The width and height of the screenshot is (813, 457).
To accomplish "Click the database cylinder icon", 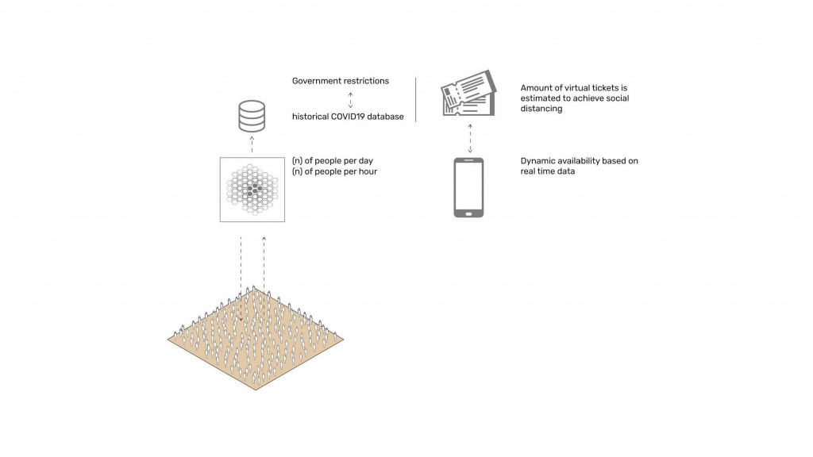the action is (252, 116).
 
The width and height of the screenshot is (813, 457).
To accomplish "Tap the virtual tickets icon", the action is (468, 94).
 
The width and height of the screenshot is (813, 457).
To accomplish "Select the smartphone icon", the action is (468, 187).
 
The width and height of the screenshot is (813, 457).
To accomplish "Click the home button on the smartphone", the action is (468, 213).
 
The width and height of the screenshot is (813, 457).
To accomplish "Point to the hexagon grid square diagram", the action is (252, 190).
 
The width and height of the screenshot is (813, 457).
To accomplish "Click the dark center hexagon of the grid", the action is (255, 190).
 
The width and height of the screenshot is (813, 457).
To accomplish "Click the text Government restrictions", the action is (341, 81).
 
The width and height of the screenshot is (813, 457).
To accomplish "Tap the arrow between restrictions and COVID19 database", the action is (350, 100).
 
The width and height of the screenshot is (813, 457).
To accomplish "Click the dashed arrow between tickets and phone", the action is (470, 138).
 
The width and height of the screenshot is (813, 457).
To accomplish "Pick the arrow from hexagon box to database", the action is (252, 144).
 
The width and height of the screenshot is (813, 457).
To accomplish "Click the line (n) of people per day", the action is (333, 161).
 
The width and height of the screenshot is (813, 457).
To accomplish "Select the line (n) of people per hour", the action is (334, 171).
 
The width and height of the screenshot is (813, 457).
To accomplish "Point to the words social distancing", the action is (575, 103).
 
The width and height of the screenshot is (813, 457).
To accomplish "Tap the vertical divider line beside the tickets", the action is (416, 100).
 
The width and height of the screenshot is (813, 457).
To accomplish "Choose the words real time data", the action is (548, 171).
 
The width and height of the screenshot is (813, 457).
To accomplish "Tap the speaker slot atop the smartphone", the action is (468, 160).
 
